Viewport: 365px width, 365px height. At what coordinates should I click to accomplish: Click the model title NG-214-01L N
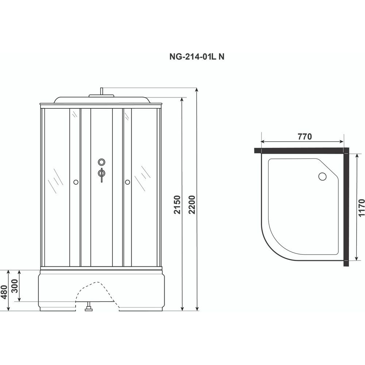[197, 57]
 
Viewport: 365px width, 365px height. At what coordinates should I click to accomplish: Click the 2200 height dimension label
[192, 205]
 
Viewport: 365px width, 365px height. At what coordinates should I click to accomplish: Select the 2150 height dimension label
[177, 205]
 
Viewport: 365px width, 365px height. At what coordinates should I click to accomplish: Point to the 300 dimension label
[15, 286]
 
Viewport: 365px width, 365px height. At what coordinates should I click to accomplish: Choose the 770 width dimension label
[305, 137]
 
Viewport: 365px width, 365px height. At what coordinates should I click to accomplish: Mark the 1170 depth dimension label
[361, 208]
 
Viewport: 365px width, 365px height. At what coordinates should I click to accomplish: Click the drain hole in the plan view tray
[322, 176]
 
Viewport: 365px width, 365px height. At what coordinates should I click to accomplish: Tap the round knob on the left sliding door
[76, 182]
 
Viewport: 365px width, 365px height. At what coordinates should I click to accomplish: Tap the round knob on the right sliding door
[127, 182]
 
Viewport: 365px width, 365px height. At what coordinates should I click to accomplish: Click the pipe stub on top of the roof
[101, 91]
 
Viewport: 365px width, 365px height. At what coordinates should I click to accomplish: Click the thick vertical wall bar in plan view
[346, 207]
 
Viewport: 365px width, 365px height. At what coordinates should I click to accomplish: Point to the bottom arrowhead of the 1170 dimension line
[356, 258]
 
